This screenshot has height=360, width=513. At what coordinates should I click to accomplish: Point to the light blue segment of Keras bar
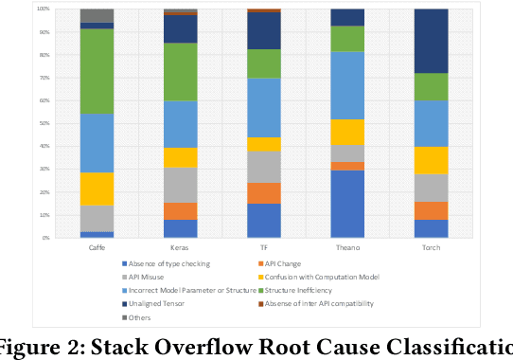180,124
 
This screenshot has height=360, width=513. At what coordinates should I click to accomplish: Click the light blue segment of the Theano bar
347,85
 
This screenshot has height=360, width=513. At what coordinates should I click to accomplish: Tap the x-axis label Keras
180,245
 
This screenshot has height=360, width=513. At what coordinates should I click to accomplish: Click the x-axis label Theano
347,245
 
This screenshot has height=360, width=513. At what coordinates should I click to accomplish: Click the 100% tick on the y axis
44,9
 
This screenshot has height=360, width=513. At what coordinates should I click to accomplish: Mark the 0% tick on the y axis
45,238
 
